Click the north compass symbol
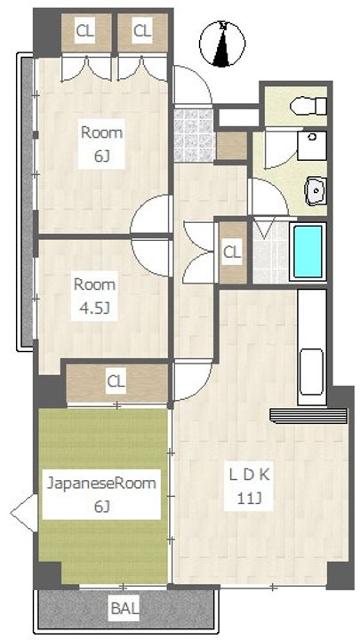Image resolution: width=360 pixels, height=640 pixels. pos(222,44)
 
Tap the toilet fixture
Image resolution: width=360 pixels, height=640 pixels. pos(308,106)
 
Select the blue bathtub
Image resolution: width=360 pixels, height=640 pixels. pos(308,252)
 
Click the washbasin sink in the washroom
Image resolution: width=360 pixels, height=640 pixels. pos(316,190)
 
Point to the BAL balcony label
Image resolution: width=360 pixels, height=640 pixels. pos(125,609)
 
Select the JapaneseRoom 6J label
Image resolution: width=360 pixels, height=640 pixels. pos(101,494)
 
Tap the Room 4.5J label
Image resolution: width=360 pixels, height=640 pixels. pos(95,296)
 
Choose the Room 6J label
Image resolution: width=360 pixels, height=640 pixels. pos(101,144)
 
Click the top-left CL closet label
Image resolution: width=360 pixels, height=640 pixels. pos(85,30)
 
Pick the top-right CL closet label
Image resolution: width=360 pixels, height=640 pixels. pos(142,30)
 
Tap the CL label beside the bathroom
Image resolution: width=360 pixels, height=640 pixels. pos(232,252)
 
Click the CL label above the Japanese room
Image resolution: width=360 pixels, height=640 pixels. pos(116,382)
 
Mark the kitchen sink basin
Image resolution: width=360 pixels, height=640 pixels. pos(311,372)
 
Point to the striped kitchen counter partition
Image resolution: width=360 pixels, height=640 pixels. pos(308,416)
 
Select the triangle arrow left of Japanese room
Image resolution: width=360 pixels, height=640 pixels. pos(24,513)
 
